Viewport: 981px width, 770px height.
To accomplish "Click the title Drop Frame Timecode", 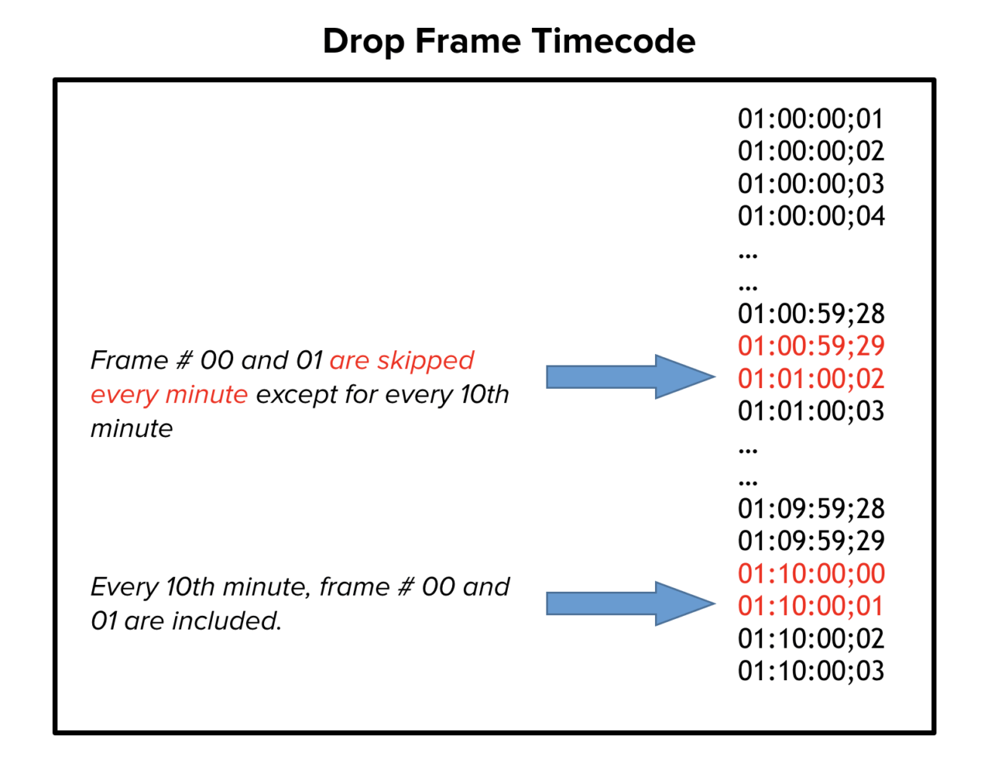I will (509, 41).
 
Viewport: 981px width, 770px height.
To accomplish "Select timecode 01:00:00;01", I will (810, 119).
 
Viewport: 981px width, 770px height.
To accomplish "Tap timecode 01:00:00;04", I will (810, 216).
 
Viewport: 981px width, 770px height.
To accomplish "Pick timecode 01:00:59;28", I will (810, 313).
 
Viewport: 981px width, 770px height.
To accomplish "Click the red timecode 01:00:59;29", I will (810, 346).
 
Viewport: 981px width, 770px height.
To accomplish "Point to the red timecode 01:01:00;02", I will (810, 378).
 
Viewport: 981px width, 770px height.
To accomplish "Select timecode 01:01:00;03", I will (810, 411).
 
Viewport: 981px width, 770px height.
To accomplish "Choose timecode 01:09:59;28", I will (810, 508).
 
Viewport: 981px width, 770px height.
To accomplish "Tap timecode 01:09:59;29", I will (810, 541).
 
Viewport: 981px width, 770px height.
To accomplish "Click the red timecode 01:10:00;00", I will (810, 574).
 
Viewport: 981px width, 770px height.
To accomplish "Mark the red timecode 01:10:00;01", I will (810, 605).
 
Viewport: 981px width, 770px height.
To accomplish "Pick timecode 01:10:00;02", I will (810, 639).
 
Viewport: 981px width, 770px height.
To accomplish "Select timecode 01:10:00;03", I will (810, 670).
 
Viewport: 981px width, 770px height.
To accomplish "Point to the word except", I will (295, 395).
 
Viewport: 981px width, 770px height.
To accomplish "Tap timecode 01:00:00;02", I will (810, 151).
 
